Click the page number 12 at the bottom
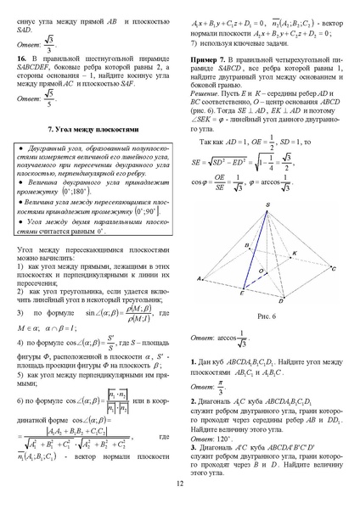180,484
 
